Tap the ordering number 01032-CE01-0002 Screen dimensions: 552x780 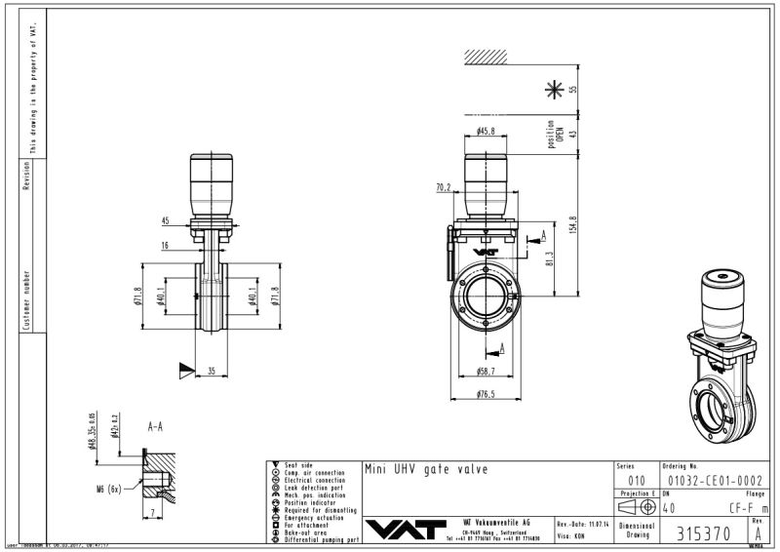718,480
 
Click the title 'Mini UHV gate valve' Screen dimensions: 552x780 425,469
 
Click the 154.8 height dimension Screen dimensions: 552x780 573,224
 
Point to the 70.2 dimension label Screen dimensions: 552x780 443,188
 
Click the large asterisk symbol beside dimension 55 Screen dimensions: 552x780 555,90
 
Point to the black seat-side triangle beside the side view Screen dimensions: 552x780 187,369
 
